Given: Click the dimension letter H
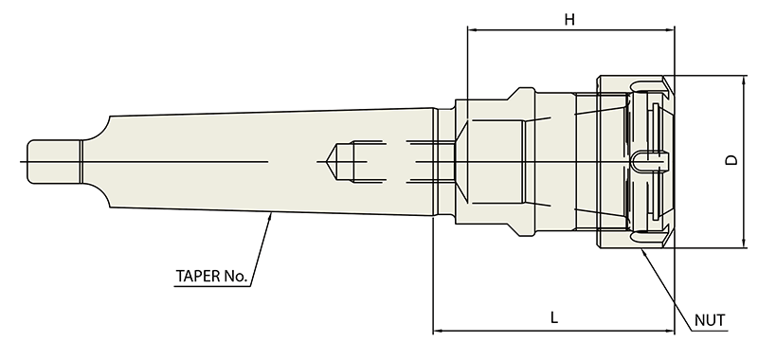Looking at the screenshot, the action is pyautogui.click(x=570, y=20).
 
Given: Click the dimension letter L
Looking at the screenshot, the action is pyautogui.click(x=554, y=317).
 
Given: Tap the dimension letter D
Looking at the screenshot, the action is pyautogui.click(x=733, y=160).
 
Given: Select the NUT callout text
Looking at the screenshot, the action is pyautogui.click(x=710, y=320).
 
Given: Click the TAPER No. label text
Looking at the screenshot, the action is pyautogui.click(x=211, y=277).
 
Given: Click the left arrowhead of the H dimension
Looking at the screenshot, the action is pyautogui.click(x=472, y=30).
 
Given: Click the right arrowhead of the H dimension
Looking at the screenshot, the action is pyautogui.click(x=669, y=30).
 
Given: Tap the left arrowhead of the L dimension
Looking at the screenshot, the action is pyautogui.click(x=438, y=331).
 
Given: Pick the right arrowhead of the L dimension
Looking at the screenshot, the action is pyautogui.click(x=669, y=331).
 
